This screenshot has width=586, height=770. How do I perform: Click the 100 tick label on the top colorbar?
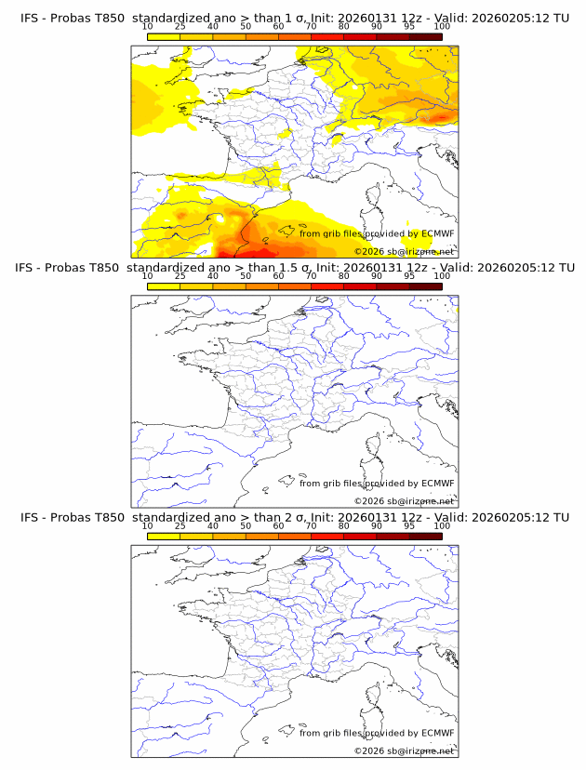tap(442, 26)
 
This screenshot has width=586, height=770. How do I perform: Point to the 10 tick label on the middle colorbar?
tap(147, 276)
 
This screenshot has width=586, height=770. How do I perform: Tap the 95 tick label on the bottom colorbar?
tap(409, 526)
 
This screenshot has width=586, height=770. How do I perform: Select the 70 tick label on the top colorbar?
tap(311, 26)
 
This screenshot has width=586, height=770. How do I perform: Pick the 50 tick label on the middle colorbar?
tap(246, 276)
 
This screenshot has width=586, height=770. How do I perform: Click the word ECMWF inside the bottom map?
tap(437, 733)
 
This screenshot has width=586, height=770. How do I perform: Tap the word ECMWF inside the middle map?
tap(437, 484)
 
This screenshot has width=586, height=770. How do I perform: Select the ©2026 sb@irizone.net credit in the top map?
tap(405, 251)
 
